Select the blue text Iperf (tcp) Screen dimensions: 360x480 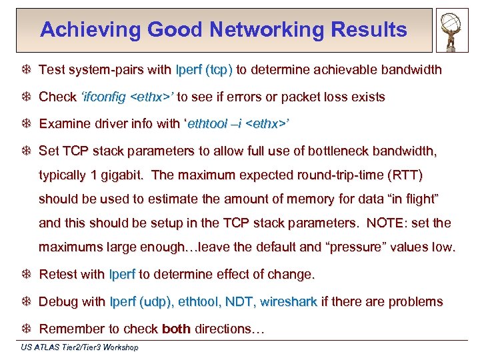(x=204, y=70)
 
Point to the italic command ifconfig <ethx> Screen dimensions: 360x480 (x=126, y=97)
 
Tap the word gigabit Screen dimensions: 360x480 (x=123, y=175)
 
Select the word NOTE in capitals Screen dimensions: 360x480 (x=382, y=223)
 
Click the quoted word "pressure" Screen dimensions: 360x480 (x=349, y=247)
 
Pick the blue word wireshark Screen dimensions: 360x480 (x=288, y=302)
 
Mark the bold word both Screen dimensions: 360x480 (x=177, y=329)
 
